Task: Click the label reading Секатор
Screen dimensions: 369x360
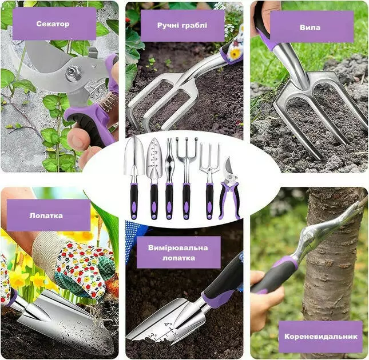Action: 53,24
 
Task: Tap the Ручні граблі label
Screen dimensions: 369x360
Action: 182,25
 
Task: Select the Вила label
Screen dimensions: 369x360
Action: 310,27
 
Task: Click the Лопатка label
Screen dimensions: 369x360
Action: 46,216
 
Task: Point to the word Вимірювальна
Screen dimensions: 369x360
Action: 178,248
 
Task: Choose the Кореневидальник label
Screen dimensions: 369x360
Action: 321,336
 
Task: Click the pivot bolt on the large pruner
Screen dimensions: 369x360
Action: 72,71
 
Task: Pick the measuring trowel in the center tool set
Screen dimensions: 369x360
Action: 154,179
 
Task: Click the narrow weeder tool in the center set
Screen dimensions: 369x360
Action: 169,179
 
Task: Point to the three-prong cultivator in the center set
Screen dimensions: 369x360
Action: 186,179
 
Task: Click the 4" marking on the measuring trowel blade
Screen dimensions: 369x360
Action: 168,325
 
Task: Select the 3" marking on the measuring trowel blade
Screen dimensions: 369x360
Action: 153,336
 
